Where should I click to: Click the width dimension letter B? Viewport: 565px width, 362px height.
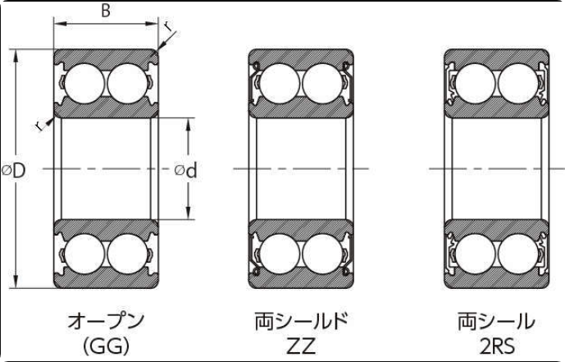point(106,11)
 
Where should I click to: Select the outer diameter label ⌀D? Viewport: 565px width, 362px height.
point(14,170)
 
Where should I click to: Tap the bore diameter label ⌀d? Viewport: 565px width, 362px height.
point(186,170)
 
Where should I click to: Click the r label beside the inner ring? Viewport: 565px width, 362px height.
point(39,126)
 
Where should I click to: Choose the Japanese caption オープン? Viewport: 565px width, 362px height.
point(106,321)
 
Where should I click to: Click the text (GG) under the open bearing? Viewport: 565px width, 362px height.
point(106,347)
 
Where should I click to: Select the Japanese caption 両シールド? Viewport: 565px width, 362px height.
point(301,321)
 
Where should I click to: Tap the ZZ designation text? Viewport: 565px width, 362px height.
point(301,347)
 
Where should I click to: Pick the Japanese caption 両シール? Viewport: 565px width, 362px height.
point(496,321)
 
